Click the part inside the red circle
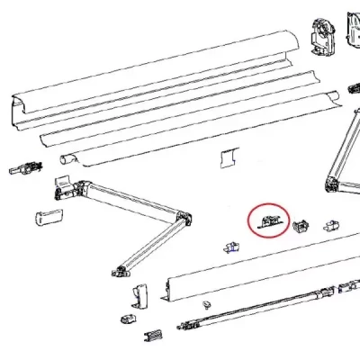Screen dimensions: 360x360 click(268, 221)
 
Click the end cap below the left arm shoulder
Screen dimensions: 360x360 click(47, 218)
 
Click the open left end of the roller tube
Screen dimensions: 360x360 click(66, 160)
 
